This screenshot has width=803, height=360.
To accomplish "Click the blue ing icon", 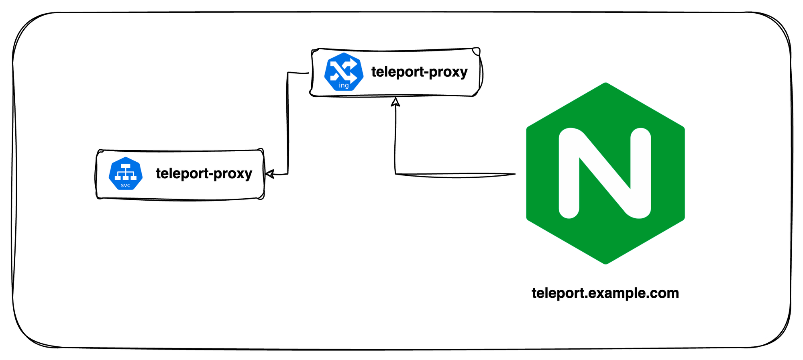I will pos(344,72).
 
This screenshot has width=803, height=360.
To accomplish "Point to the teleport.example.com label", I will pos(605,293).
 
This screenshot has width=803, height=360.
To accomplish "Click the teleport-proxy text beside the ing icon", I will pos(419,72).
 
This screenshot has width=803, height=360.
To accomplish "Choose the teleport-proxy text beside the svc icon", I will pos(204,173).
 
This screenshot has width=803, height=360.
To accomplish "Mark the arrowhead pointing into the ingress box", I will pos(395,102).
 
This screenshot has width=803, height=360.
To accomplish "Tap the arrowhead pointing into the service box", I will pos(269,174).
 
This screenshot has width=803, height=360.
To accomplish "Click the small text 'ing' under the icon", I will pos(344,85).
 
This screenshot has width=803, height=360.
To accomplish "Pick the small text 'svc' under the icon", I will pos(126,185).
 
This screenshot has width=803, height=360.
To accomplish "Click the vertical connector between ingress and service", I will pos(287,124).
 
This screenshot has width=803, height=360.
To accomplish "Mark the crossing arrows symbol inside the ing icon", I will pos(343,69).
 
